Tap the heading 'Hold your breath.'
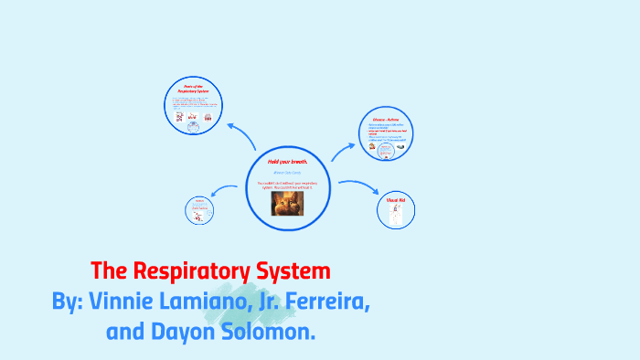coord(288,161)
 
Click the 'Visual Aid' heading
coord(397,199)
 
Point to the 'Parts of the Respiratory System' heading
coord(193,90)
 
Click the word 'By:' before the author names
coord(68,302)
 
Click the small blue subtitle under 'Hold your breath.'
coord(288,172)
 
